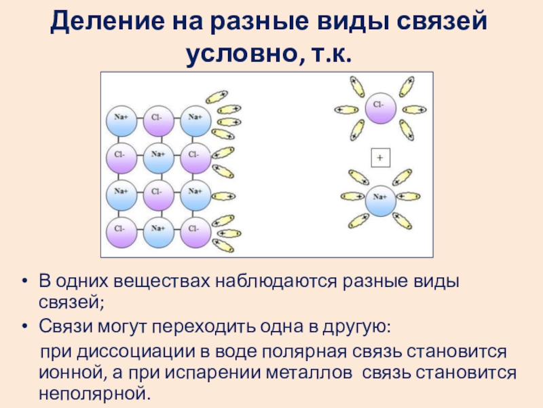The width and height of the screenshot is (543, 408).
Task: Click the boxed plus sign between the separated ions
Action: click(379, 158)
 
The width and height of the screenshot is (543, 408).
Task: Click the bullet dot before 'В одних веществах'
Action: click(24, 282)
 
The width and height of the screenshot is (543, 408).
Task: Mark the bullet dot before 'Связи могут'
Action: click(24, 328)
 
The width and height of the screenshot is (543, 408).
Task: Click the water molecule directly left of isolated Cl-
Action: click(347, 109)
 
